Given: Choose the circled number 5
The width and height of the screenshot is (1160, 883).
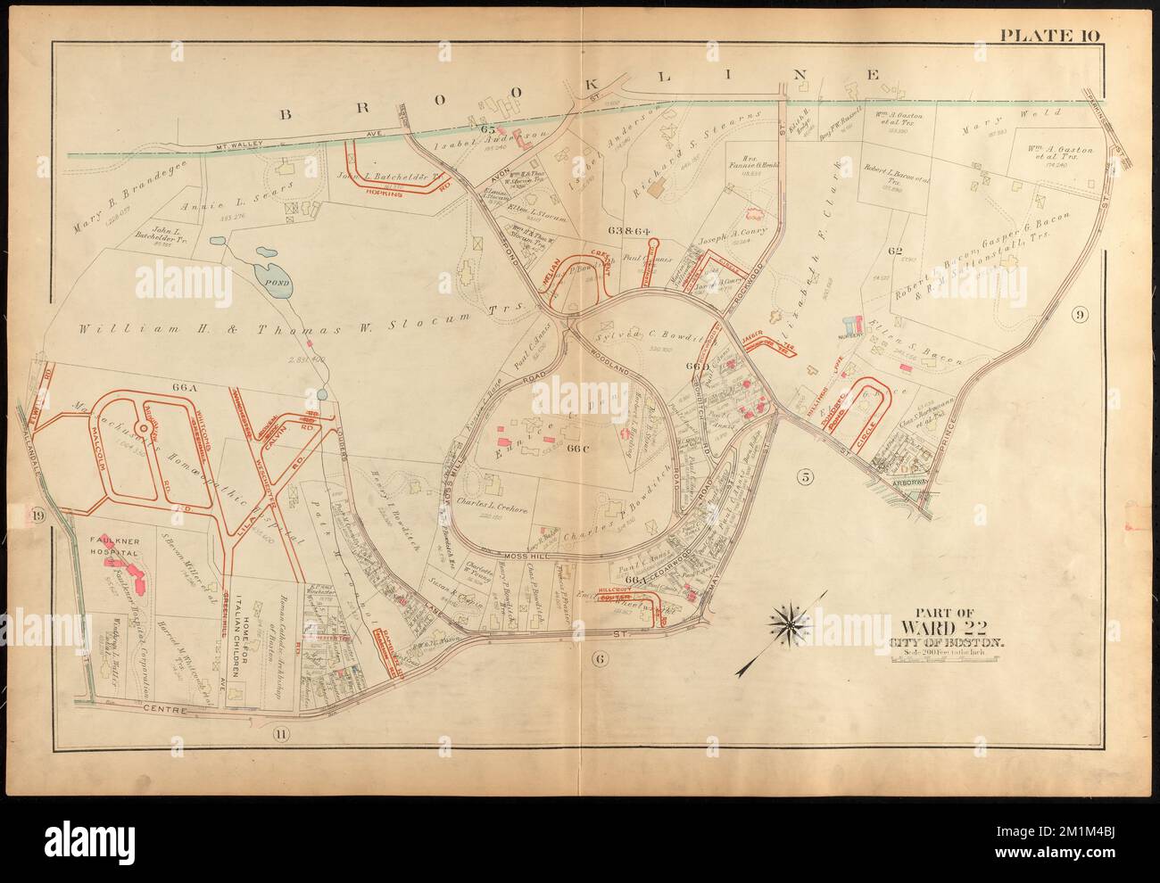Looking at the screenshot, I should (806, 476).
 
